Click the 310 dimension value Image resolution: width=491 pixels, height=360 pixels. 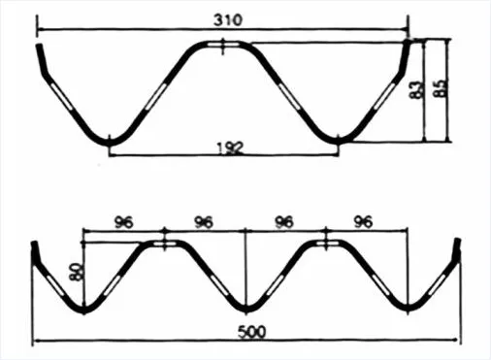228,20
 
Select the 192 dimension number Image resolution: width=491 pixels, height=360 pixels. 230,148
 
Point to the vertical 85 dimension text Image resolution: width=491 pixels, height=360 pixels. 441,87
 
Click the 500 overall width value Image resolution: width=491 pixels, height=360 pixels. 252,332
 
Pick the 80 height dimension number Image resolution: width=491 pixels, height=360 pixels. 77,272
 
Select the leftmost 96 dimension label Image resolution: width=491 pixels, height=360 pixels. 123,222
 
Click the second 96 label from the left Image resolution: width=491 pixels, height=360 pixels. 204,222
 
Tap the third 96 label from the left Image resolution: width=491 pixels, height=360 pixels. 283,222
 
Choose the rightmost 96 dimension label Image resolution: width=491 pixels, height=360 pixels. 363,222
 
